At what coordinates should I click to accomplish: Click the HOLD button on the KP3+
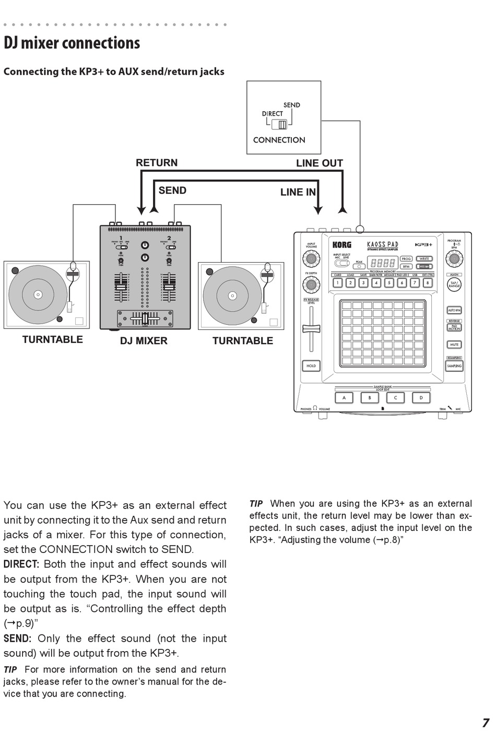(x=311, y=366)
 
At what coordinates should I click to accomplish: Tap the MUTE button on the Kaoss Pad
(x=454, y=345)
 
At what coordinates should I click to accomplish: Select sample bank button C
(x=395, y=398)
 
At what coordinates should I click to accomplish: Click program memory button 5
(x=389, y=283)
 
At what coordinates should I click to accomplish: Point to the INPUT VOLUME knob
(x=311, y=258)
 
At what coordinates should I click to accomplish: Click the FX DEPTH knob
(x=311, y=285)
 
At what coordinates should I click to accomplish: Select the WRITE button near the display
(x=424, y=258)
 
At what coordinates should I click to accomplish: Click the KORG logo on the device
(x=342, y=244)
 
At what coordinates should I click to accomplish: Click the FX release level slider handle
(x=311, y=328)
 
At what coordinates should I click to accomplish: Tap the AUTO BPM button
(x=454, y=310)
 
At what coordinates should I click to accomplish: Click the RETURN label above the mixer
(x=157, y=163)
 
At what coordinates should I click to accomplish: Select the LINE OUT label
(x=319, y=163)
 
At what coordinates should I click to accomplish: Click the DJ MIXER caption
(x=144, y=341)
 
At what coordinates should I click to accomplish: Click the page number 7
(x=485, y=723)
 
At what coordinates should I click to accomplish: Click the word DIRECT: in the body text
(x=21, y=564)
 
